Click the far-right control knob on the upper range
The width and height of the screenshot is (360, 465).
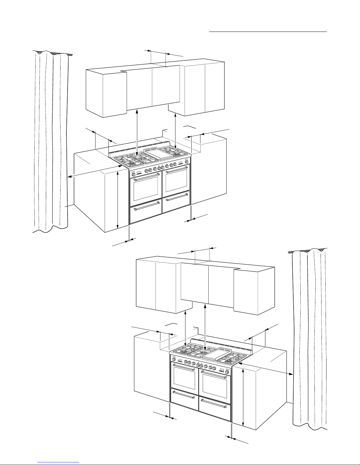(187, 162)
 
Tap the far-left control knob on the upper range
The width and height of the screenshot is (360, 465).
(134, 175)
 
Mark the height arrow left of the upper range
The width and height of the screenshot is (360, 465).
(118, 200)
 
